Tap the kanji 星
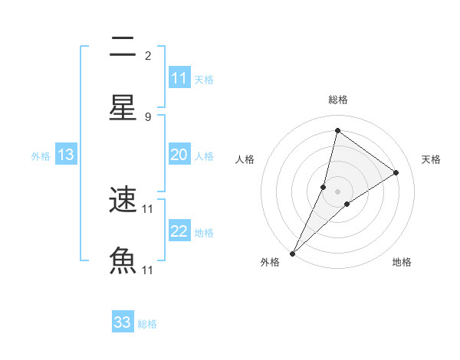pyautogui.click(x=123, y=107)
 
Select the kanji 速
pyautogui.click(x=123, y=201)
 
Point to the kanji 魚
pyautogui.click(x=123, y=261)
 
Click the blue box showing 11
pyautogui.click(x=179, y=78)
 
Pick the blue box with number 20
pyautogui.click(x=179, y=155)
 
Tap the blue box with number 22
pyautogui.click(x=179, y=231)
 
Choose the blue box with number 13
pyautogui.click(x=66, y=155)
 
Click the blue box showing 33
pyautogui.click(x=123, y=322)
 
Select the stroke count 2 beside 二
pyautogui.click(x=148, y=55)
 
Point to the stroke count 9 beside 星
pyautogui.click(x=148, y=116)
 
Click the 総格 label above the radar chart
pyautogui.click(x=337, y=100)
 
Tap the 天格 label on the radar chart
pyautogui.click(x=431, y=159)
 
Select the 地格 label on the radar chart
pyautogui.click(x=402, y=262)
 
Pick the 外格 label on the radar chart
pyautogui.click(x=270, y=262)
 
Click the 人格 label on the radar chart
pyautogui.click(x=245, y=159)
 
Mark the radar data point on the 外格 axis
pyautogui.click(x=292, y=253)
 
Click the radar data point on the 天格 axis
pyautogui.click(x=396, y=172)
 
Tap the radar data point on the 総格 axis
pyautogui.click(x=337, y=130)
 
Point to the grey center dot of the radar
pyautogui.click(x=337, y=191)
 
